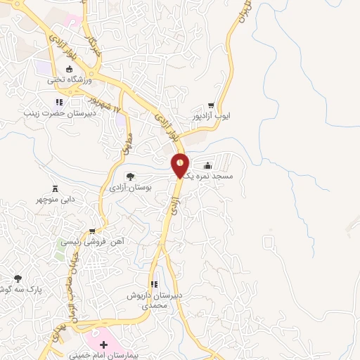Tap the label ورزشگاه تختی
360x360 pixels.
click(x=70, y=80)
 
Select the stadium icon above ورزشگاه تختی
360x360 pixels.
click(x=70, y=69)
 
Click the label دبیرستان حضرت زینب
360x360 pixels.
click(x=49, y=112)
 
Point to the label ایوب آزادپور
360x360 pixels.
click(x=210, y=115)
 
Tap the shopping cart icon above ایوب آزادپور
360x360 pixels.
click(x=211, y=105)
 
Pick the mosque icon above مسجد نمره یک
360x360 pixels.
click(x=216, y=165)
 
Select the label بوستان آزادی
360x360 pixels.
click(x=129, y=188)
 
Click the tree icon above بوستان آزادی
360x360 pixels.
click(x=129, y=176)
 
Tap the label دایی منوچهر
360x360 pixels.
click(x=56, y=199)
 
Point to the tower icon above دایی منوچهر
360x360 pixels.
click(x=56, y=187)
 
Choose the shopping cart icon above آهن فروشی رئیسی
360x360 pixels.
click(x=91, y=231)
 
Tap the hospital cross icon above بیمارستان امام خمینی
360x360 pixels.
click(x=104, y=345)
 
